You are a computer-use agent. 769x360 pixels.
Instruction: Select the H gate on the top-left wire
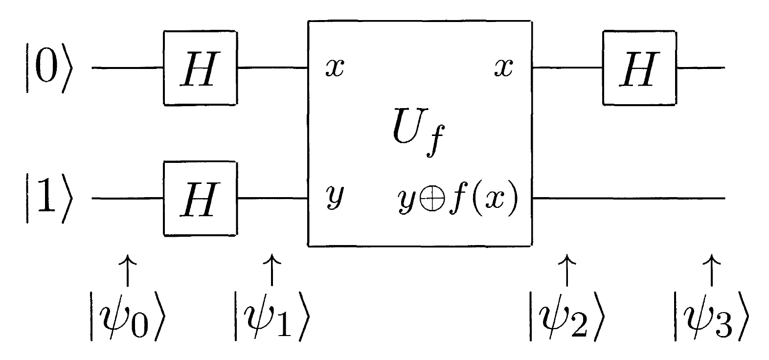click(200, 67)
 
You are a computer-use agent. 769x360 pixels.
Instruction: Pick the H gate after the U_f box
click(639, 67)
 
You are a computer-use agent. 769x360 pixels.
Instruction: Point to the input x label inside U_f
click(335, 68)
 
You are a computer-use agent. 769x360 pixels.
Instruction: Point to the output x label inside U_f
click(503, 68)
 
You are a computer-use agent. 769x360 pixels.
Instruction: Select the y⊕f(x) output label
click(458, 200)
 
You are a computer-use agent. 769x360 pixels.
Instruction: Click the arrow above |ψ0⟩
click(128, 269)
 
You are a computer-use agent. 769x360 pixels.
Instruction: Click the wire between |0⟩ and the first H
click(127, 67)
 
